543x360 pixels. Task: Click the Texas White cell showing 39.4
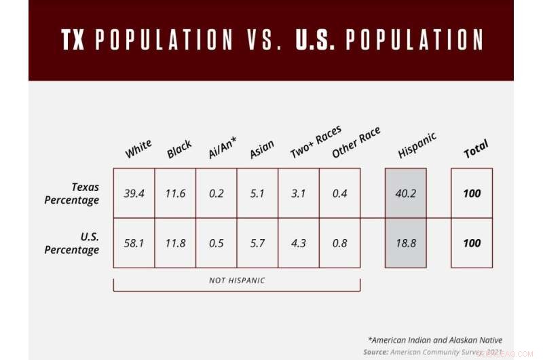134,194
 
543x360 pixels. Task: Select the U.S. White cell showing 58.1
134,243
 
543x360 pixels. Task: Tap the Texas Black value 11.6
175,194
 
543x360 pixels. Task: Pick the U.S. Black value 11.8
175,243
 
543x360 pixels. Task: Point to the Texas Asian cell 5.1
257,194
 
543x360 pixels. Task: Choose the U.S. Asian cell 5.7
257,243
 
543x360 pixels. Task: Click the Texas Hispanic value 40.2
405,194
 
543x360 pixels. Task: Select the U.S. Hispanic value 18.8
405,243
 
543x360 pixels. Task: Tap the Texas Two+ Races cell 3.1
299,194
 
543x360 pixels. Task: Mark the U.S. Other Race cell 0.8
340,243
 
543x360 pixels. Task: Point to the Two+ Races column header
316,143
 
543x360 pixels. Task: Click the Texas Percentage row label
72,194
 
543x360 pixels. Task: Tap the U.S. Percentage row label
72,243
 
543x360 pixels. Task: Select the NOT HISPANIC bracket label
236,280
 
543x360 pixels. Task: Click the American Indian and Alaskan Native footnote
434,340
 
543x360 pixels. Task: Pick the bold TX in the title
73,41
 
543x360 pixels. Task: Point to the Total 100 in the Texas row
472,194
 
